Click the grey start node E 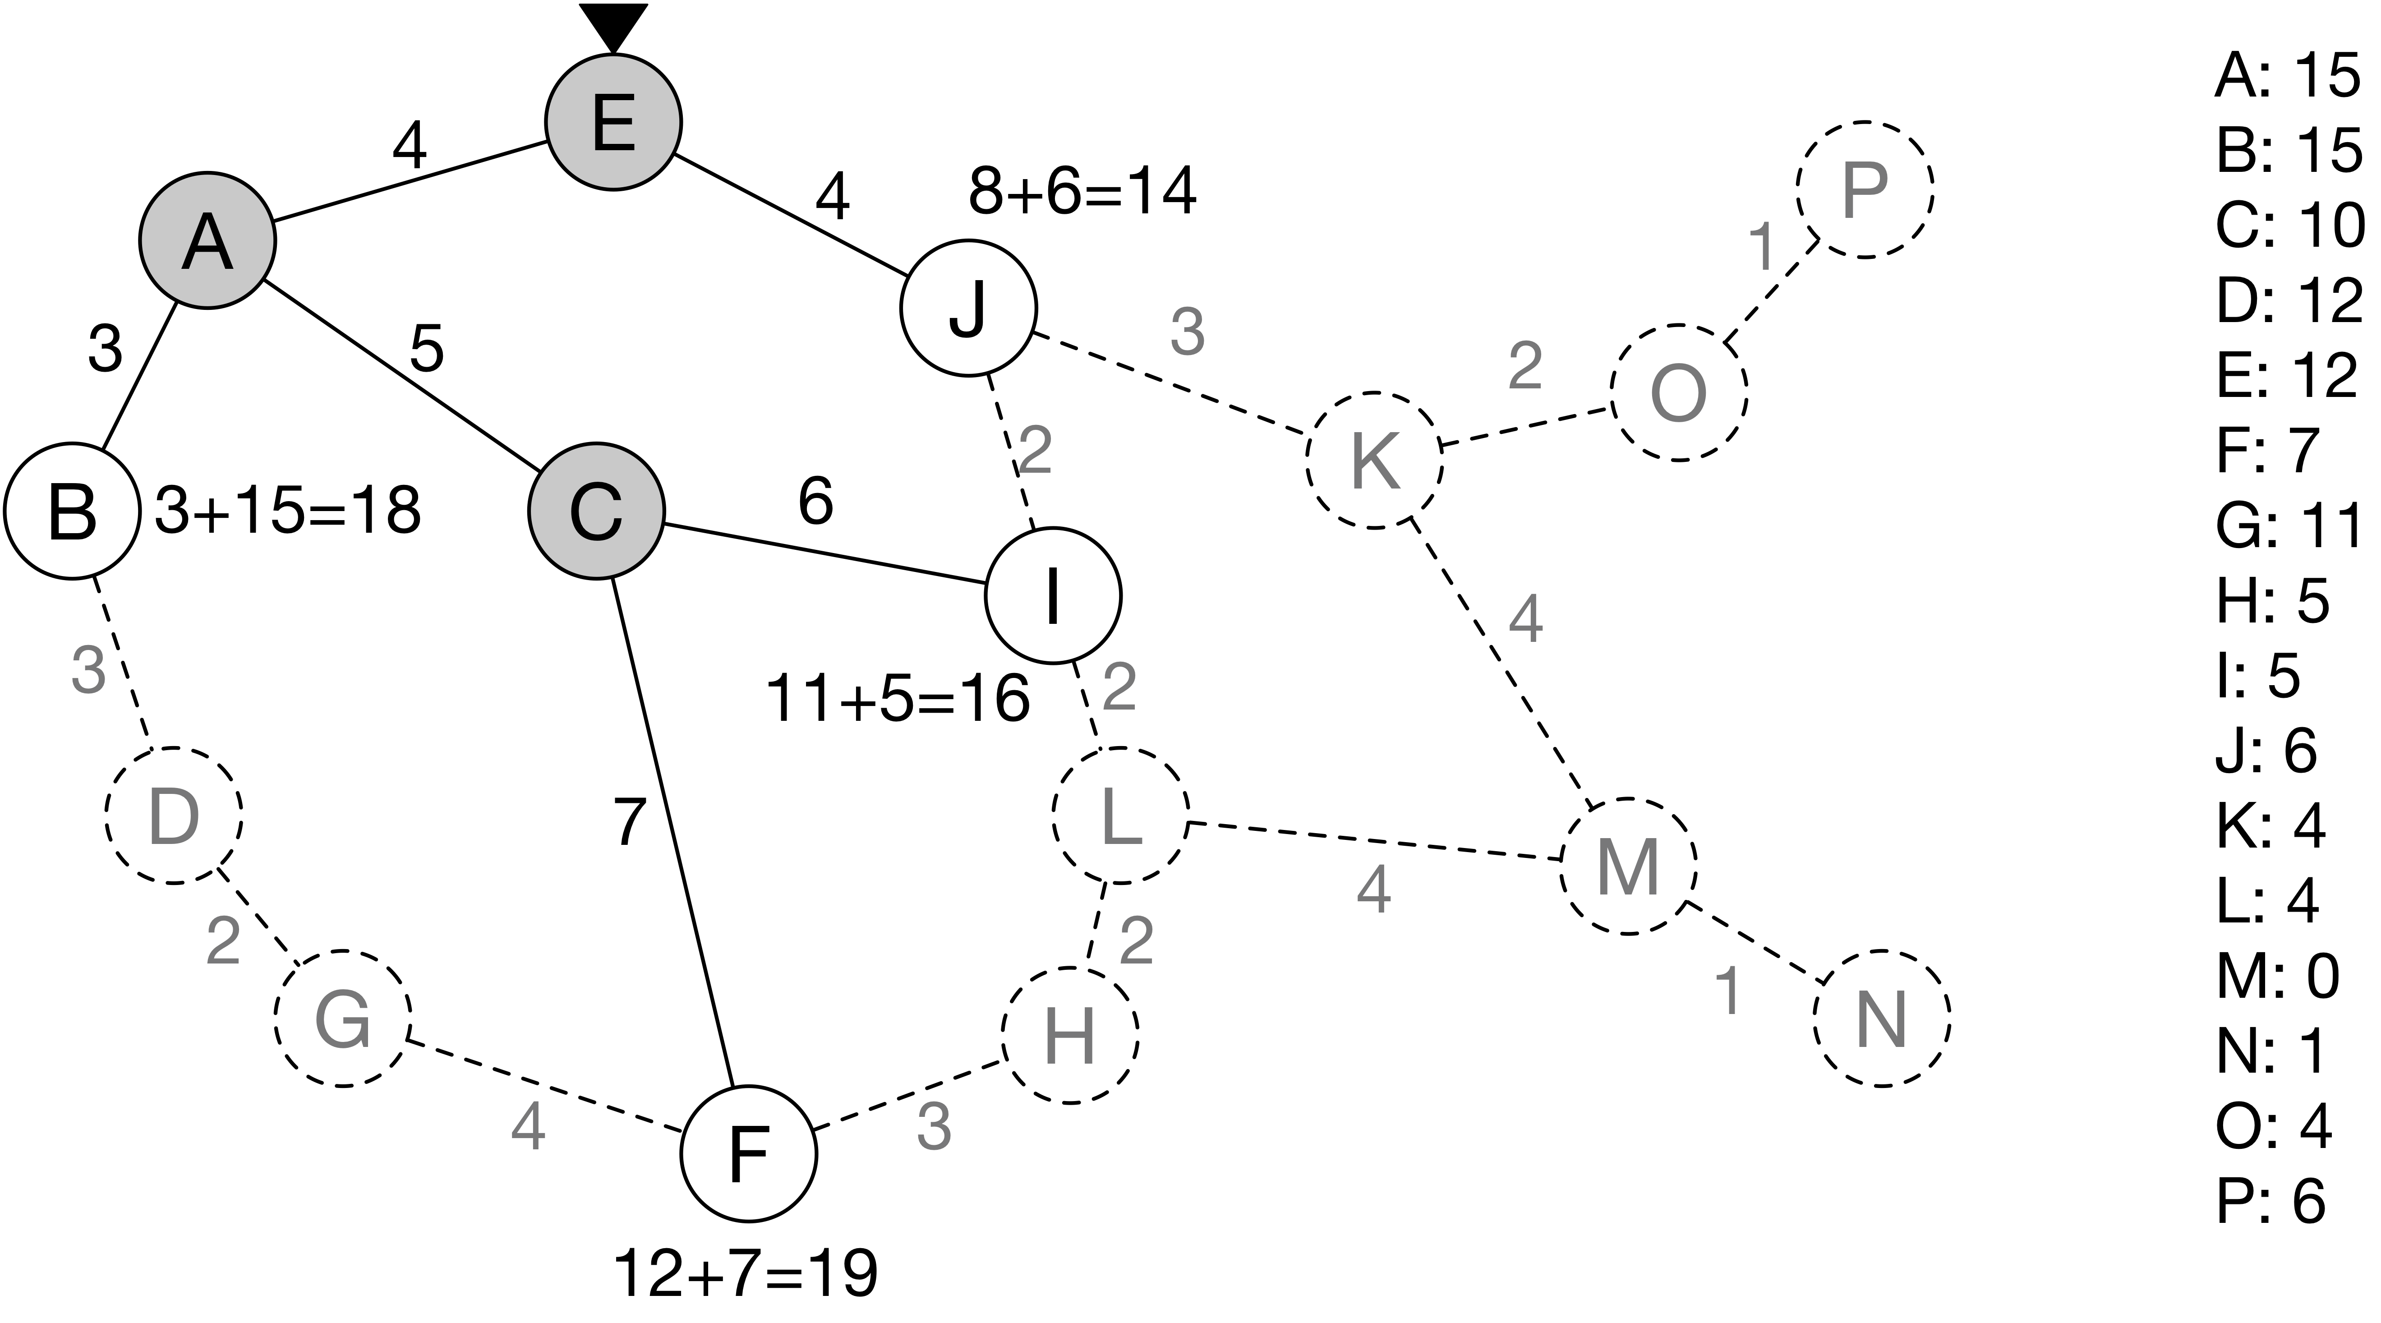tap(613, 121)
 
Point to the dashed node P tap(1864, 189)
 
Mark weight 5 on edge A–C tap(426, 349)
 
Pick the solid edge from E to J tap(790, 215)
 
